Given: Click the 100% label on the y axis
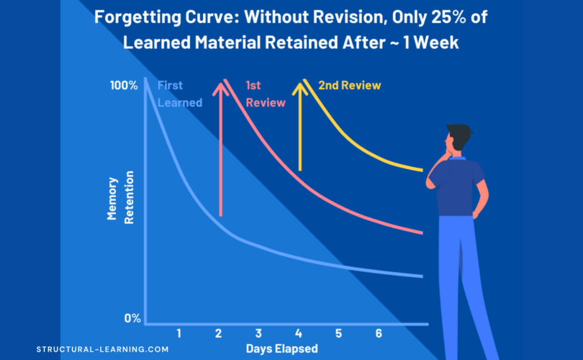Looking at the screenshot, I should [x=124, y=86].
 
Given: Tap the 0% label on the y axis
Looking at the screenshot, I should [x=132, y=318].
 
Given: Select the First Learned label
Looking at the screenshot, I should [x=179, y=94].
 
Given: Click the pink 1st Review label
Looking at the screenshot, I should [x=265, y=94].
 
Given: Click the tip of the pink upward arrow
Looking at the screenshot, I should [x=220, y=83].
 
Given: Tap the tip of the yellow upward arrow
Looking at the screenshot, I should [x=299, y=83].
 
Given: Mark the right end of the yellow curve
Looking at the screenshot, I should [x=422, y=171].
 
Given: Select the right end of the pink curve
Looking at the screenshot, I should [x=422, y=233].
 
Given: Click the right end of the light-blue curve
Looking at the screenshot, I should [x=422, y=276].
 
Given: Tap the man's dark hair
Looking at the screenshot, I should [x=458, y=134].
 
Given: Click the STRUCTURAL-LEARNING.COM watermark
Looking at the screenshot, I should [x=102, y=349].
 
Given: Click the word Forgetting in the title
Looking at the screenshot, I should [x=131, y=17].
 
